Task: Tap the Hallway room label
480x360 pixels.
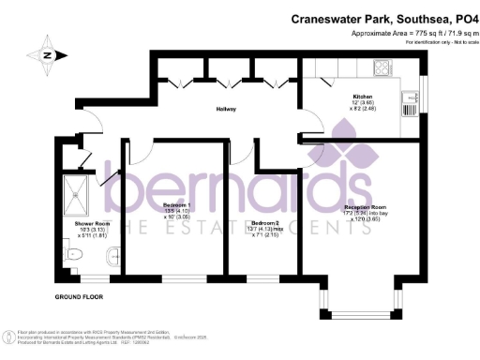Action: coord(222,110)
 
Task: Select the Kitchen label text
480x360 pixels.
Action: coord(363,97)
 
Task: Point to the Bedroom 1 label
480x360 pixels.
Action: coord(177,204)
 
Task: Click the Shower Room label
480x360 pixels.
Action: coord(75,223)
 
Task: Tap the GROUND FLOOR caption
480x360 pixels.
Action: coord(76,297)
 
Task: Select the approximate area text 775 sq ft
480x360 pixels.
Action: coord(409,33)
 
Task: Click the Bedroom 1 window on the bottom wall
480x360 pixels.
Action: coord(179,278)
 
